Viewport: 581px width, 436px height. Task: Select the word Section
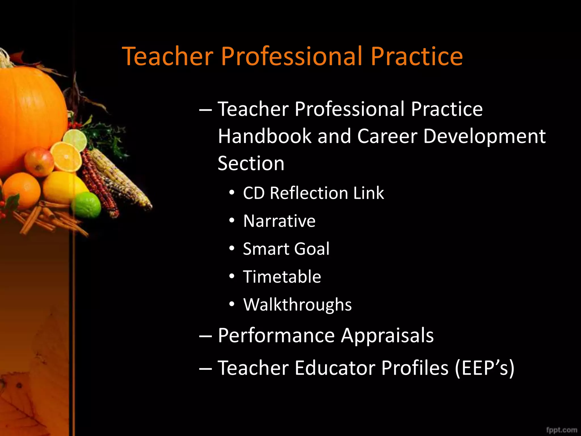[x=251, y=163]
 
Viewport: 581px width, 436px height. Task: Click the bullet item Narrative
[x=279, y=221]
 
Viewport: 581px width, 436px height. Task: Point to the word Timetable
[x=282, y=277]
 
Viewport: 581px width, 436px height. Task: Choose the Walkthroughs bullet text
[x=297, y=305]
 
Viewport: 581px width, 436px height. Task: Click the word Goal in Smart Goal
[x=312, y=249]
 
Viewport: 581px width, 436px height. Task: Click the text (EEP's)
[x=484, y=368]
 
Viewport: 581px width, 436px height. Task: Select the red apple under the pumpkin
[x=39, y=162]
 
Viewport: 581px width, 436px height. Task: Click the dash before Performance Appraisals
[x=205, y=336]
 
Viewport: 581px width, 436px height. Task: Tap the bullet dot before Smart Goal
[x=232, y=249]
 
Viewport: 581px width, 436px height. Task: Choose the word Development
[x=484, y=136]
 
